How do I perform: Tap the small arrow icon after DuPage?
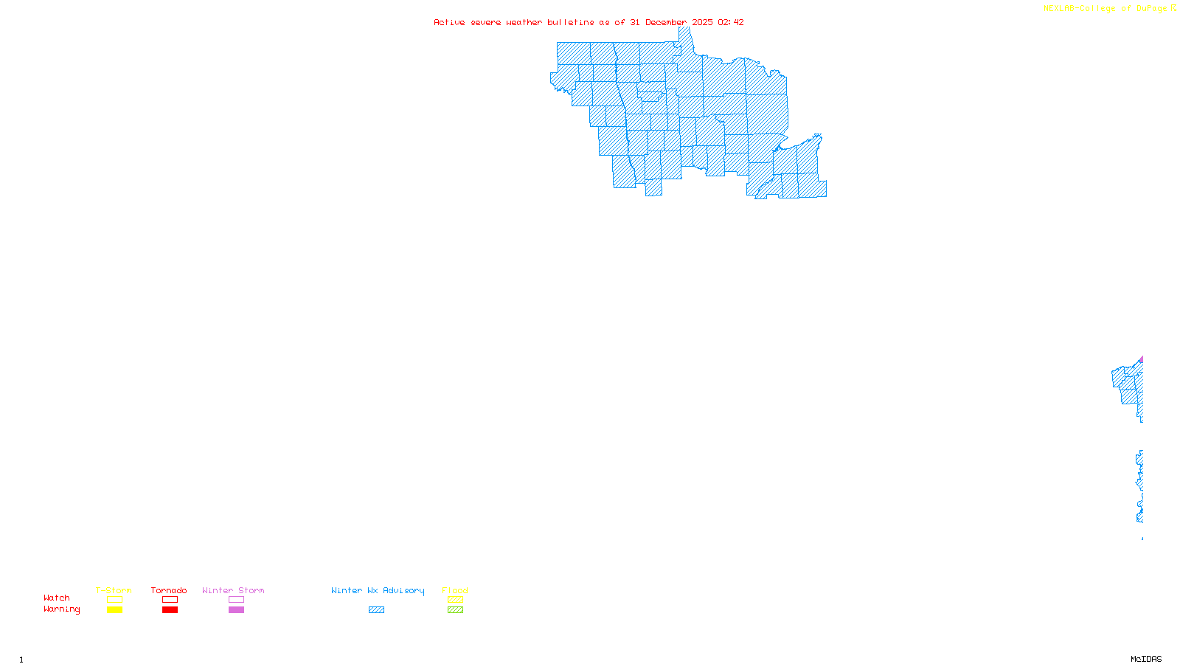pos(1173,8)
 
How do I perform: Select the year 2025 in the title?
pos(702,22)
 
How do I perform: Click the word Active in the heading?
pos(449,22)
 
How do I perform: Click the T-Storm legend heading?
pos(114,590)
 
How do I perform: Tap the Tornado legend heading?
pos(169,590)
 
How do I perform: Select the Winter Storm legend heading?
pos(233,590)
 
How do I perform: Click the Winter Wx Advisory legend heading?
pos(378,590)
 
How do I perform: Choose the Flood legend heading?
pos(455,590)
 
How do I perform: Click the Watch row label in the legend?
pos(57,598)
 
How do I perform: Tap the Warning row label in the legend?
pos(62,609)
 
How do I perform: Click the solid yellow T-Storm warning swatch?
pos(114,610)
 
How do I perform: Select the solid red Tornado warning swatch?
pos(170,610)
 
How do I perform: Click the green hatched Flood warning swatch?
pos(455,610)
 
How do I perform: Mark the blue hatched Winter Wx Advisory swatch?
pos(376,610)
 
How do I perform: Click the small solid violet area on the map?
pos(1141,360)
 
